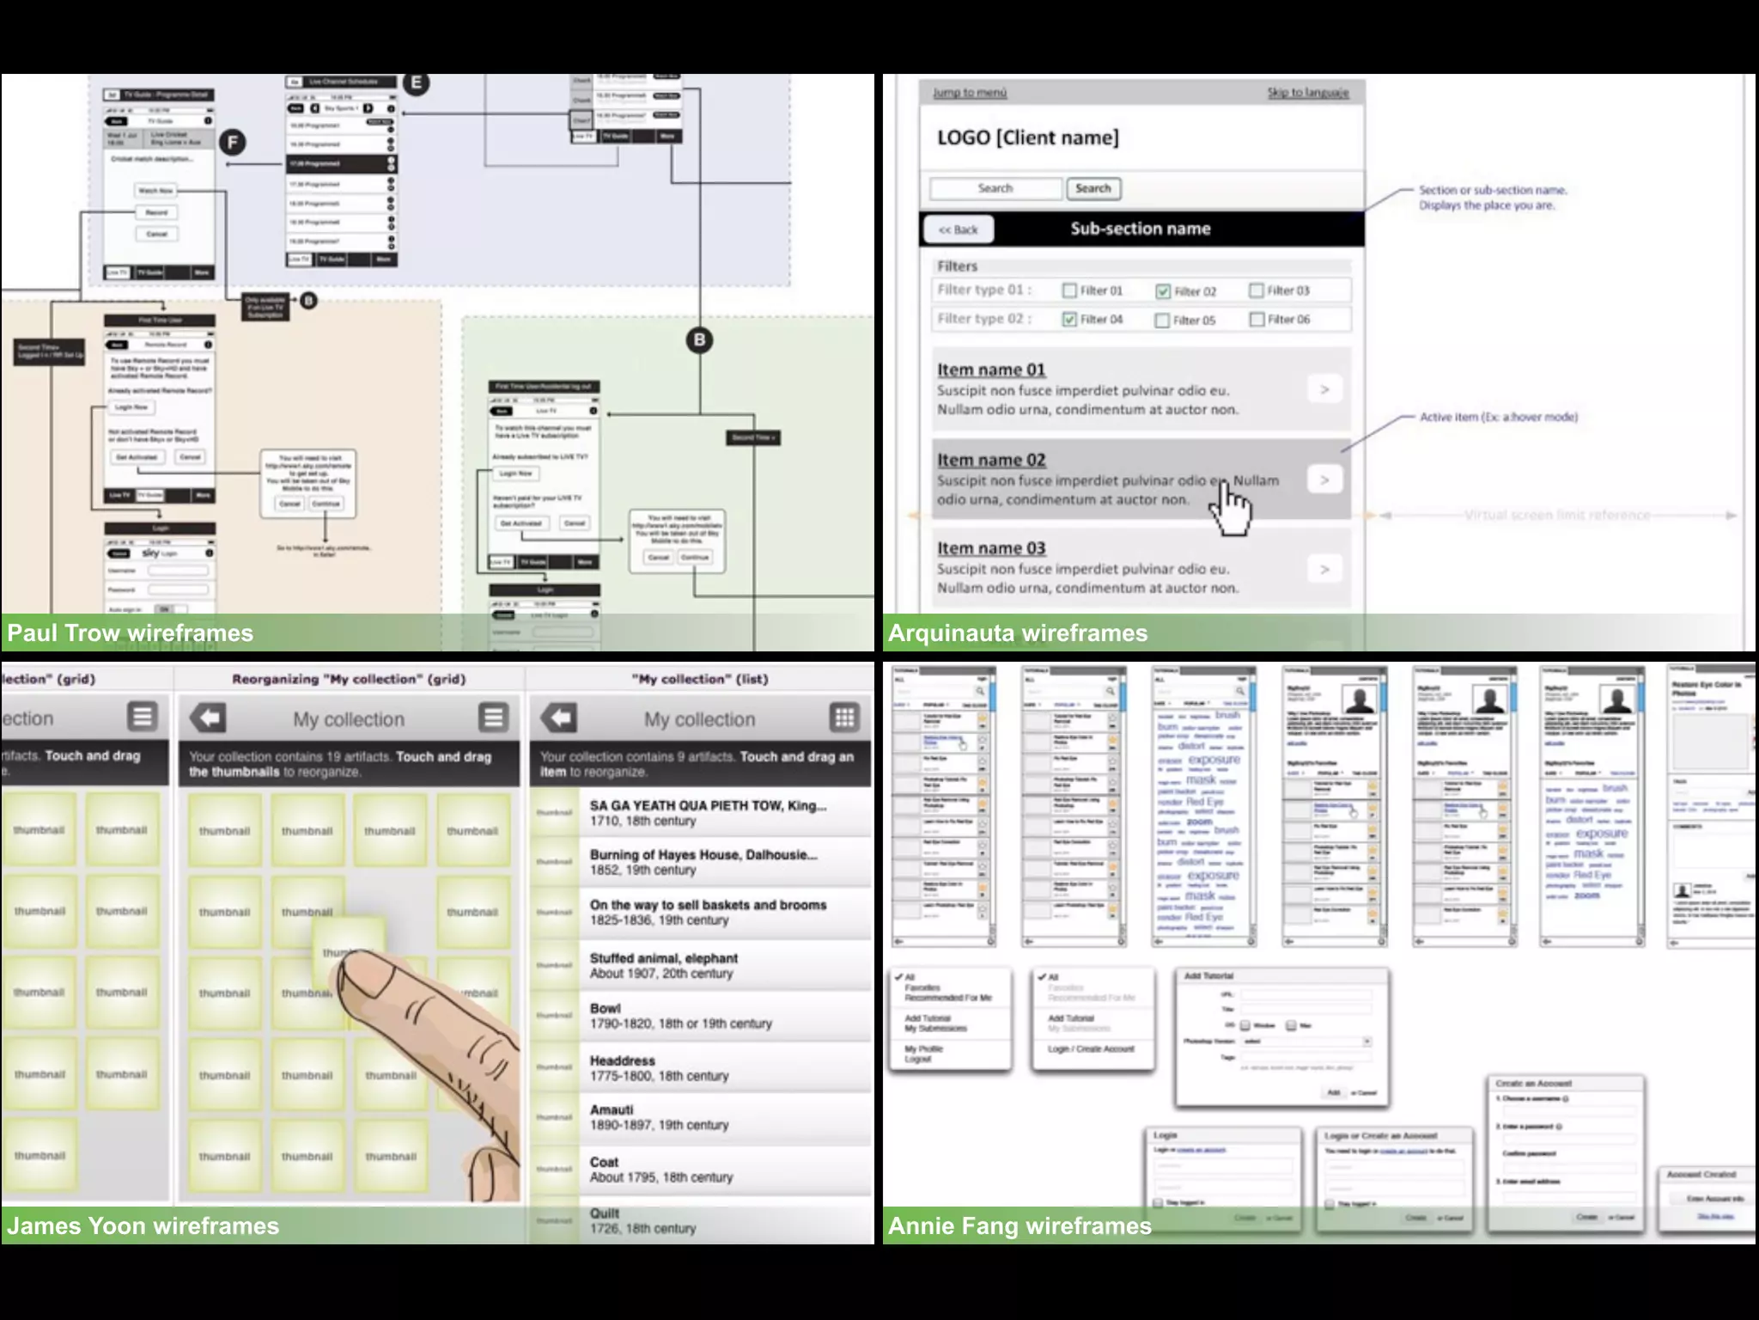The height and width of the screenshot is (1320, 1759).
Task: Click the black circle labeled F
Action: pos(232,143)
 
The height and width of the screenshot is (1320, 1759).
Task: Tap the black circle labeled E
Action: pos(417,83)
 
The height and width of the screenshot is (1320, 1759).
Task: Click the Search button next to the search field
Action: pos(1093,188)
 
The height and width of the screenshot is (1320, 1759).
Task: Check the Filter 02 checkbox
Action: pos(1163,291)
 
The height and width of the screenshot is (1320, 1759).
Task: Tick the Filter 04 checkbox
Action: pos(1069,320)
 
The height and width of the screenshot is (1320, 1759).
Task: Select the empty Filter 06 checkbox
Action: pos(1257,320)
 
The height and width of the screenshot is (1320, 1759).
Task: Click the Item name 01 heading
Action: pos(990,370)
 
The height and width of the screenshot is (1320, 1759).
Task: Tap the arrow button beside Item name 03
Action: pos(1324,569)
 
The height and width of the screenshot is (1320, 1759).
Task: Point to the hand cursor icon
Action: pos(1231,509)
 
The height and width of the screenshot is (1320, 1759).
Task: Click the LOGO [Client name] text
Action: pos(1027,137)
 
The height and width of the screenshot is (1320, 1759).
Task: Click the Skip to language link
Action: pos(1307,93)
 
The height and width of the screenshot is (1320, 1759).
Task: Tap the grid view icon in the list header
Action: pos(844,718)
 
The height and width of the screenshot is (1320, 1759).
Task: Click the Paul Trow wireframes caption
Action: pos(131,633)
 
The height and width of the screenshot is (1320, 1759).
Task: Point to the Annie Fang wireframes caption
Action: pos(1019,1225)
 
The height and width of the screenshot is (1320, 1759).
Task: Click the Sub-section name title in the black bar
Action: pos(1140,229)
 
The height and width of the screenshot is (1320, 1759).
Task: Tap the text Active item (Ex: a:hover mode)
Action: pos(1498,417)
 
